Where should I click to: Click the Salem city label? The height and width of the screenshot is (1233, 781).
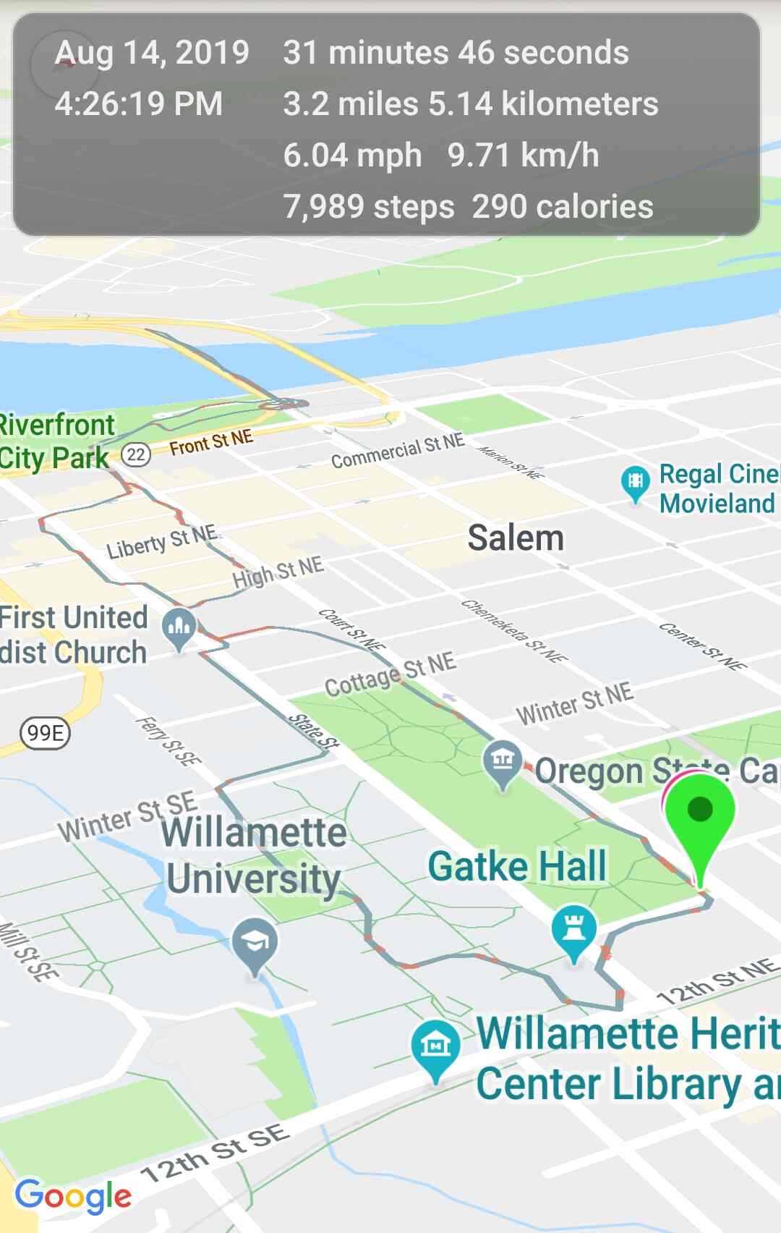pyautogui.click(x=516, y=538)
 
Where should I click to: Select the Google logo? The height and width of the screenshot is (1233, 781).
pyautogui.click(x=73, y=1196)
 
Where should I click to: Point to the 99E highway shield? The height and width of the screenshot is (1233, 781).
pyautogui.click(x=45, y=733)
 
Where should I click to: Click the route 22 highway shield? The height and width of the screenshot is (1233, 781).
pyautogui.click(x=135, y=454)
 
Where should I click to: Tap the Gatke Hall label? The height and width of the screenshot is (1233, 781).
pyautogui.click(x=517, y=866)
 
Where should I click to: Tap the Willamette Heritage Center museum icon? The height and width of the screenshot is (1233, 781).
pyautogui.click(x=435, y=1045)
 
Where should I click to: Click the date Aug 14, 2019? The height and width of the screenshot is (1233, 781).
pyautogui.click(x=152, y=53)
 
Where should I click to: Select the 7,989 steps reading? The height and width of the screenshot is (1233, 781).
pyautogui.click(x=369, y=207)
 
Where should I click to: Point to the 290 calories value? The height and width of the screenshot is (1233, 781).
pyautogui.click(x=563, y=207)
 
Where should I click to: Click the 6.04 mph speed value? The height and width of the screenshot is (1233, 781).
pyautogui.click(x=352, y=156)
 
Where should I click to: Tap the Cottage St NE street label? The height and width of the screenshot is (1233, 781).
pyautogui.click(x=390, y=675)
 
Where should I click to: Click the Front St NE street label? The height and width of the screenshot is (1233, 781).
pyautogui.click(x=211, y=442)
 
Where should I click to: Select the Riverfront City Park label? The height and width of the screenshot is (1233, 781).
pyautogui.click(x=56, y=441)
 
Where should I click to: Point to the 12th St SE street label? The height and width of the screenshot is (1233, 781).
pyautogui.click(x=215, y=1153)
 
